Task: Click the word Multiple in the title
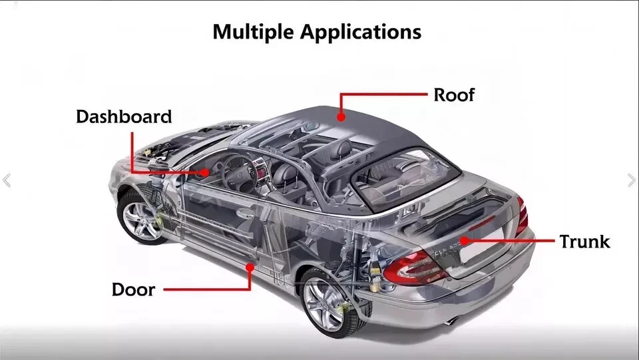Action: [x=254, y=32]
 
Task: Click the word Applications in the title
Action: [x=361, y=32]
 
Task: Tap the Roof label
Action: [x=454, y=94]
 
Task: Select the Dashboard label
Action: [x=124, y=116]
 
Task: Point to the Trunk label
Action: [x=584, y=241]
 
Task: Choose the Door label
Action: [x=133, y=289]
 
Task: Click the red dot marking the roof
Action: [x=341, y=117]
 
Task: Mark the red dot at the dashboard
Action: [x=206, y=172]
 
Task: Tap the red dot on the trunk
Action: [x=464, y=240]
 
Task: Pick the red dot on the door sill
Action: [x=250, y=267]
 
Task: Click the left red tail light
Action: [x=408, y=267]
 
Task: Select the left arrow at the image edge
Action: [x=7, y=180]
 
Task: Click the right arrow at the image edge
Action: [x=631, y=180]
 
